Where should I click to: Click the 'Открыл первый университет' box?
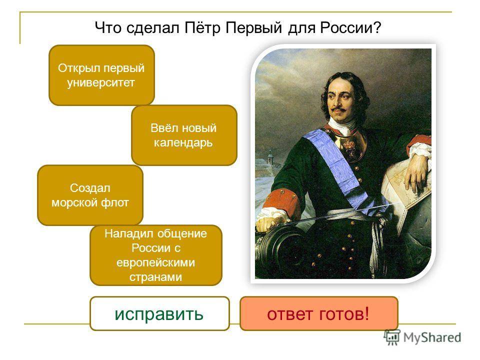point(101,75)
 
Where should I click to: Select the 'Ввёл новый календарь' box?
point(184,135)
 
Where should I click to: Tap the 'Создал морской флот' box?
point(90,195)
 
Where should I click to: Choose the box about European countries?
point(156,255)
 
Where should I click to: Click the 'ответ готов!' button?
point(318,314)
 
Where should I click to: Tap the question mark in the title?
point(377,27)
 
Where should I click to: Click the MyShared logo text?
point(432,337)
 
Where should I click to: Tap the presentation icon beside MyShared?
point(392,337)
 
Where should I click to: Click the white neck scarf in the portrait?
point(343,126)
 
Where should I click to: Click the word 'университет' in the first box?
point(101,82)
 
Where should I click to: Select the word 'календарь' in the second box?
point(183,142)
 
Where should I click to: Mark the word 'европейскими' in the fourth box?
point(156,262)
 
